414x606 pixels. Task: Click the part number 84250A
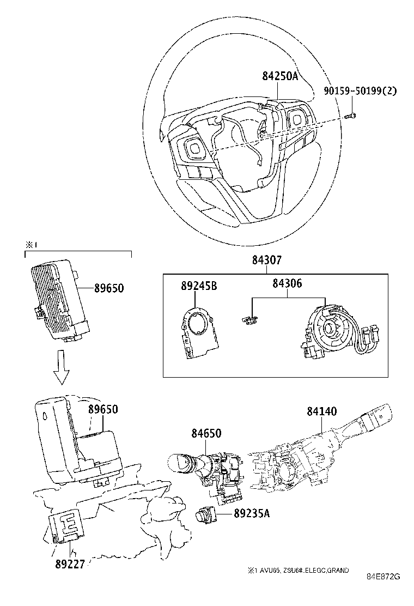280,77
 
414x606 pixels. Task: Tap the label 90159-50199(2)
359,91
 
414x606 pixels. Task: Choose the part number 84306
287,283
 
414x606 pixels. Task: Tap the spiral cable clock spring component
329,330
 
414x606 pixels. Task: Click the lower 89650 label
103,409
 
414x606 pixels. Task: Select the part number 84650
206,433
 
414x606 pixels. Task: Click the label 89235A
252,512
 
